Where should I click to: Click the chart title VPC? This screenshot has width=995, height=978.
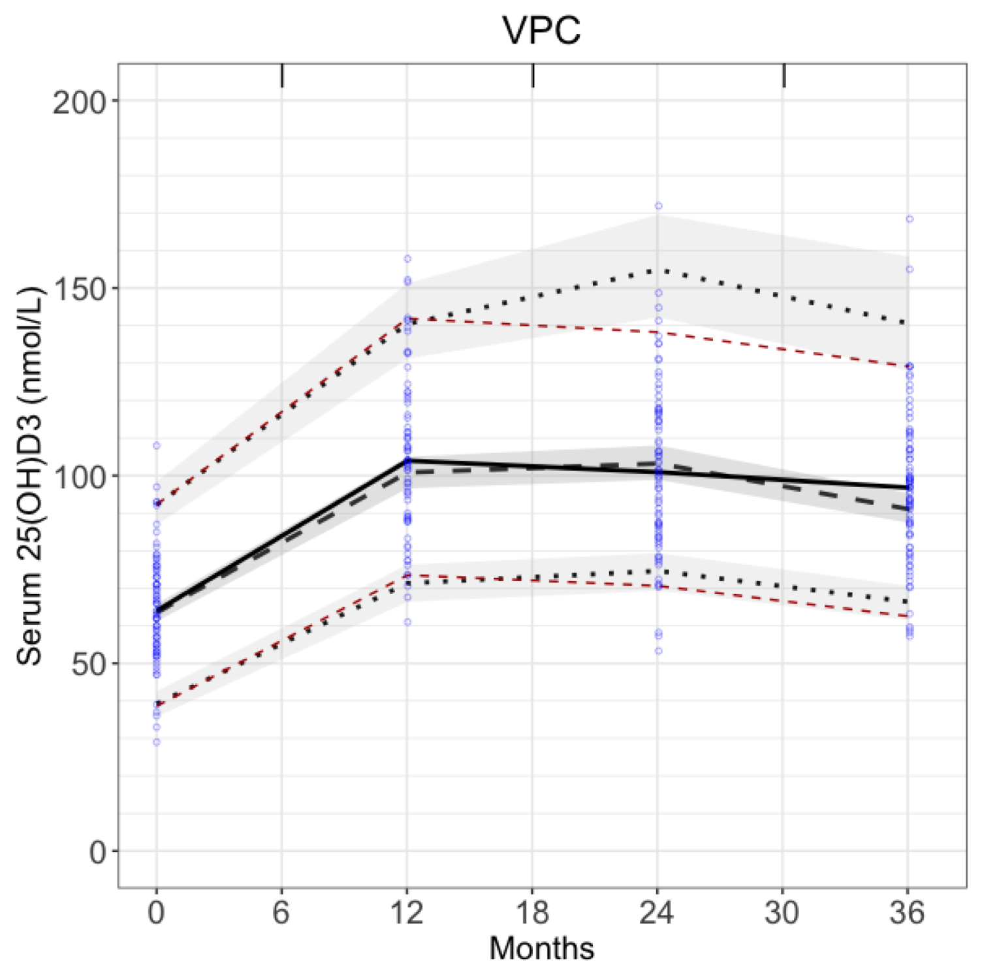coord(541,30)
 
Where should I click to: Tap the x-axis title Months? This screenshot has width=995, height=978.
coord(541,949)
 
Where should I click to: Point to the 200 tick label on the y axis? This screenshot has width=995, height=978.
coord(79,102)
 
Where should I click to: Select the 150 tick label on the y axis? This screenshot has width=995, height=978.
coord(79,289)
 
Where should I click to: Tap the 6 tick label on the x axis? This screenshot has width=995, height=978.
coord(281,912)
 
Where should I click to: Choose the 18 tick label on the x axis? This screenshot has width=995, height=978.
coord(532,912)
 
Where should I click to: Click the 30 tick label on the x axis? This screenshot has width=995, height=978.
coord(782,912)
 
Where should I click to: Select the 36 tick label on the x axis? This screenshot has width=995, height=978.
coord(907,912)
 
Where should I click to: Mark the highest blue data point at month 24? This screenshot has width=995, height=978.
coord(658,206)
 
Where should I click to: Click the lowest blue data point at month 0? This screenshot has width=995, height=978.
coord(157,742)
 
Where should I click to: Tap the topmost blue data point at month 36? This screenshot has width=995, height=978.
coord(909,219)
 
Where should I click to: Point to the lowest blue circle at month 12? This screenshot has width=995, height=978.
coord(407,622)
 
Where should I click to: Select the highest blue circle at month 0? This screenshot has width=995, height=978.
coord(157,446)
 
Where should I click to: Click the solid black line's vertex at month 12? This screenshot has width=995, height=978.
coord(407,460)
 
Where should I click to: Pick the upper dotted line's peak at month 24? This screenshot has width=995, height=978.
coord(658,270)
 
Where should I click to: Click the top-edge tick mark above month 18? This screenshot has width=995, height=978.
coord(533,76)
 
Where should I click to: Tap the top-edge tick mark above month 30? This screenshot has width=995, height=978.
coord(783,76)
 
